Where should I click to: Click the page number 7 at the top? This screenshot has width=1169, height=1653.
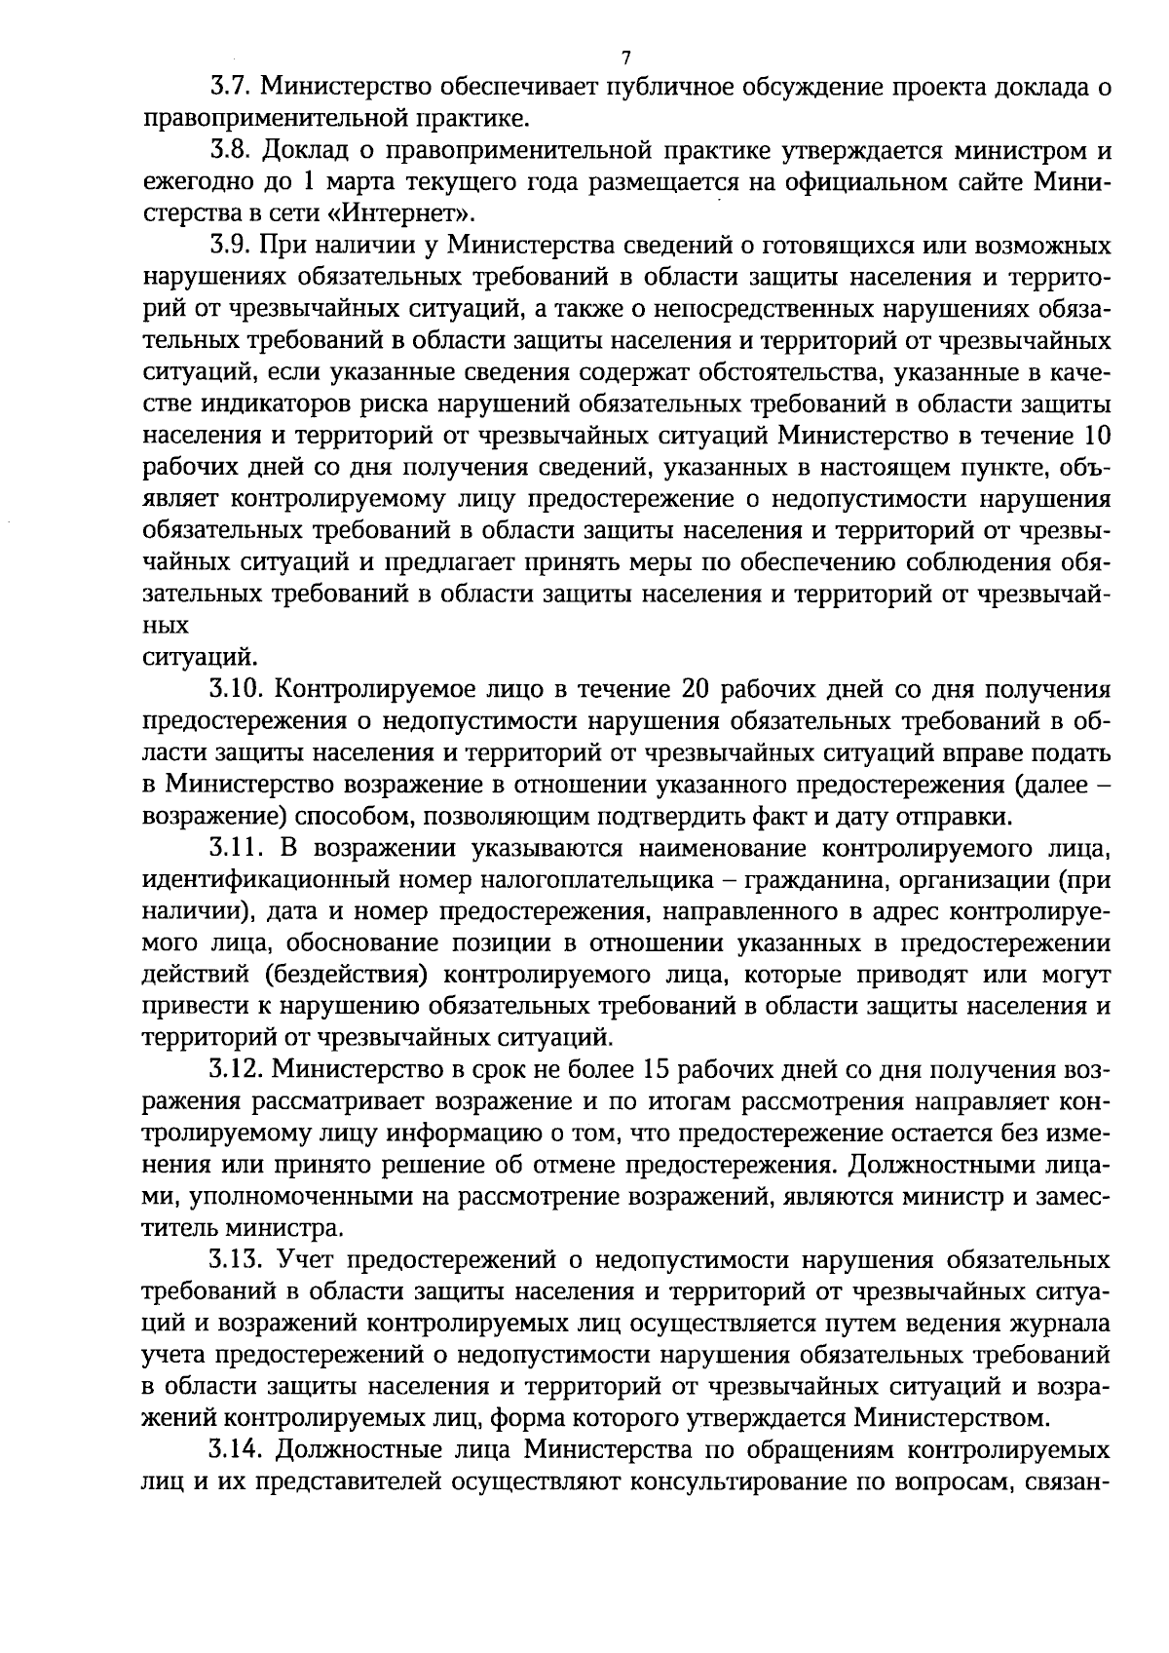(x=626, y=56)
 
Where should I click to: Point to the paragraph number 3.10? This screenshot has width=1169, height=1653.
(x=237, y=690)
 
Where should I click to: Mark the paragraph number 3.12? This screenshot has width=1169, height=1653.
(x=237, y=1071)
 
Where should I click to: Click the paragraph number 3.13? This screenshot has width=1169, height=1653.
(x=237, y=1261)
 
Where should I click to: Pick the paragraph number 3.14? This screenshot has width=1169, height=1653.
(x=237, y=1451)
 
